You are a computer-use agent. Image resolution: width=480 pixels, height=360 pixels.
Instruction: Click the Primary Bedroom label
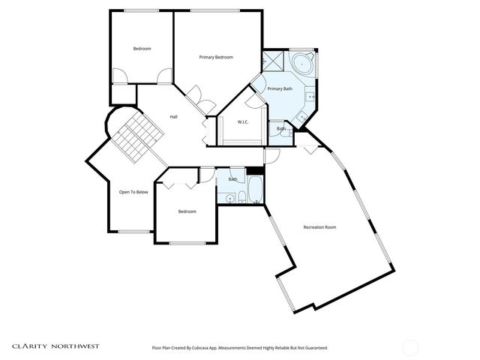[216, 57]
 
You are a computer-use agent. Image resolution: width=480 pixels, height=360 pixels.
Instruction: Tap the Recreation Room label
[319, 227]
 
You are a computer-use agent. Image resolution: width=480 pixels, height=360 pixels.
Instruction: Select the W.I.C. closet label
[243, 121]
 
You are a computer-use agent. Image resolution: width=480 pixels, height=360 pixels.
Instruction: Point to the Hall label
[173, 116]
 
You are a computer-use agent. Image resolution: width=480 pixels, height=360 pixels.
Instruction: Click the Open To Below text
[133, 192]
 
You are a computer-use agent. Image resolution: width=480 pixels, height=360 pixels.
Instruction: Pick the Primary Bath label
[280, 89]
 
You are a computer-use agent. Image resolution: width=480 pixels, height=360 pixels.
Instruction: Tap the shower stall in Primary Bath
[275, 61]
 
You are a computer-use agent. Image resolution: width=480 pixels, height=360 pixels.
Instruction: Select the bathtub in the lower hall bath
[255, 190]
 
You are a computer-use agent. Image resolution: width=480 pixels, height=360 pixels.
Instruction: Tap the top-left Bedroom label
[142, 49]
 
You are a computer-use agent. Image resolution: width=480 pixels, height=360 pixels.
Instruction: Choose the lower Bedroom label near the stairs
[187, 211]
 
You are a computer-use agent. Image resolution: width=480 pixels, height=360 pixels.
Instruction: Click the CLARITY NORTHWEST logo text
[55, 346]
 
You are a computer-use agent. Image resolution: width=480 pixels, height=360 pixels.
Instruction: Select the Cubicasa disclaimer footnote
[239, 347]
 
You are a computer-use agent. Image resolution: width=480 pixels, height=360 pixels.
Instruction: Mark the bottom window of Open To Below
[134, 231]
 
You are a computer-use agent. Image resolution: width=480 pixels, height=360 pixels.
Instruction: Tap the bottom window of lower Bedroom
[187, 242]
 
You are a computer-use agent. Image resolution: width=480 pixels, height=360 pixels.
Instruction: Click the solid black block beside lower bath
[255, 171]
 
